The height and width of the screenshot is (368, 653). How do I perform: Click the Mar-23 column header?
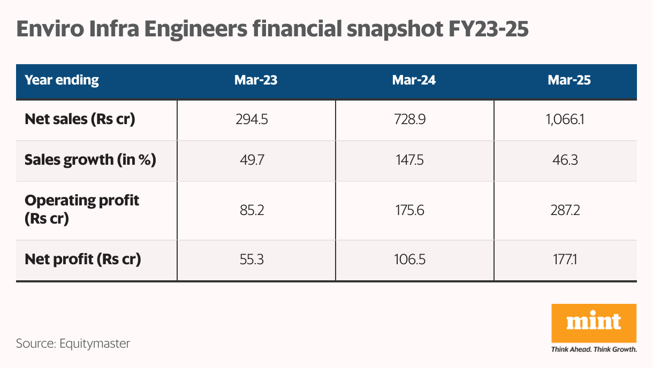pyautogui.click(x=256, y=80)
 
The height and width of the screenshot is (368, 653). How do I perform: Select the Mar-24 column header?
pyautogui.click(x=414, y=80)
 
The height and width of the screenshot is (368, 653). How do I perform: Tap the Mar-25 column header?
pyautogui.click(x=570, y=80)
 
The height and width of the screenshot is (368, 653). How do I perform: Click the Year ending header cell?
pyautogui.click(x=62, y=80)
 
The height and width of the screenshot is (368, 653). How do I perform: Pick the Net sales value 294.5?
pyautogui.click(x=251, y=119)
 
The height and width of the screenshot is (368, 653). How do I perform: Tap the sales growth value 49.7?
pyautogui.click(x=251, y=160)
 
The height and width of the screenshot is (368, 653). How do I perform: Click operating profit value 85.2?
pyautogui.click(x=251, y=210)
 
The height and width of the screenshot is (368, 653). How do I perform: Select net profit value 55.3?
pyautogui.click(x=251, y=260)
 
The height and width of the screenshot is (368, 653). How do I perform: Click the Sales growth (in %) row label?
pyautogui.click(x=90, y=160)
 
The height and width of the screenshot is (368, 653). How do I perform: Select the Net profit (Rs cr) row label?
pyautogui.click(x=83, y=260)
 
